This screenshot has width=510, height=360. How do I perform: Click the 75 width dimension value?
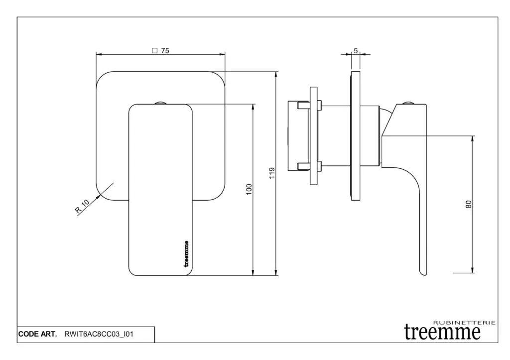(165, 50)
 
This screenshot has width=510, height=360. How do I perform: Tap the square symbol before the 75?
(154, 50)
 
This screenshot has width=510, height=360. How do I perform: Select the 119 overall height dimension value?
(271, 173)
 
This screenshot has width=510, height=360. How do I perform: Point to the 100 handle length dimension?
(249, 189)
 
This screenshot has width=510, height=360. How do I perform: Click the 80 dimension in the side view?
(468, 204)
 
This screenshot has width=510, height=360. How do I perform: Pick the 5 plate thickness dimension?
(356, 50)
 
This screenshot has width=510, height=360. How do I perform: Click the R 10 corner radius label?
(82, 206)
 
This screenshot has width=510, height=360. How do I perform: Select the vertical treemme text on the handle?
(186, 253)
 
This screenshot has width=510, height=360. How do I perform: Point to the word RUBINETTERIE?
(465, 323)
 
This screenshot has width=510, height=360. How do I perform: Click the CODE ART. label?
(38, 334)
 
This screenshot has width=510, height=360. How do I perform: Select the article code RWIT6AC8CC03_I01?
(99, 334)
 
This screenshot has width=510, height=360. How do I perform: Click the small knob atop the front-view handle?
(160, 103)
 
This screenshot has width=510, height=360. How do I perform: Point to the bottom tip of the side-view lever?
(422, 273)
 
